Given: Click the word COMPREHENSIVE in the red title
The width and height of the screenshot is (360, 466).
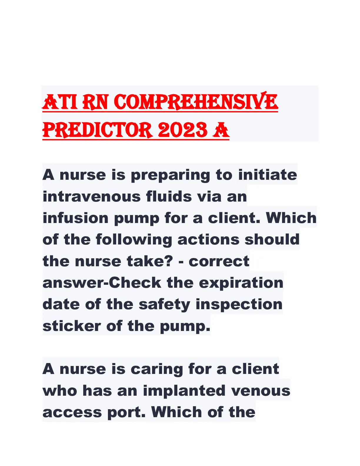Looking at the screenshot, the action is point(196,102).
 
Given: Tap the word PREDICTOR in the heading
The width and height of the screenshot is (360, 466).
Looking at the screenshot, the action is point(98,130).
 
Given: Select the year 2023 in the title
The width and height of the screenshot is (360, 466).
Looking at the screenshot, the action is point(182,130).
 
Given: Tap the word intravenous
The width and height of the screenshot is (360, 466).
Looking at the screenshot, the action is point(91,197).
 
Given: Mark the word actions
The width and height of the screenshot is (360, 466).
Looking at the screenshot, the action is point(209,239).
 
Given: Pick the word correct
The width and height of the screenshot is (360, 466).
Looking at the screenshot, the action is point(219,262).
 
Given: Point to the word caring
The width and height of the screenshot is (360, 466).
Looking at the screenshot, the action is point(156,370).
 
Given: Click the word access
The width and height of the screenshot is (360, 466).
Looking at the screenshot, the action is point(72,413).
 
